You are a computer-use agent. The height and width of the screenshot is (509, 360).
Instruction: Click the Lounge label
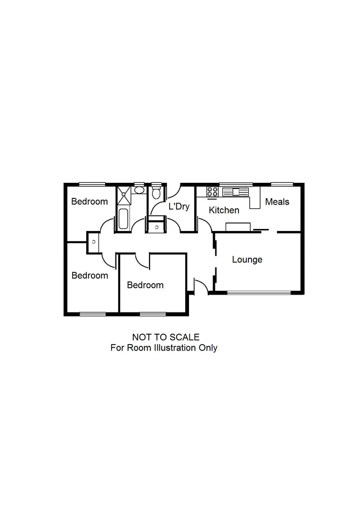tap(247, 260)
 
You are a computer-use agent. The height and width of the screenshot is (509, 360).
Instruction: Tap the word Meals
tap(277, 202)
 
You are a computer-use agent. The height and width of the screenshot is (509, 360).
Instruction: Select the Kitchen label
tap(224, 210)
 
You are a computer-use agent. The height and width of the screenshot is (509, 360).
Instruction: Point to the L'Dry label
tap(179, 206)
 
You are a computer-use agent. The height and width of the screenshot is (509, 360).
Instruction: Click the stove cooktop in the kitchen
tap(213, 191)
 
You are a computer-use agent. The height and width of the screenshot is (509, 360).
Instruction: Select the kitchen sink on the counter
tap(235, 192)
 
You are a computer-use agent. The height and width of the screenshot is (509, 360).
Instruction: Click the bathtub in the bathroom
tap(123, 219)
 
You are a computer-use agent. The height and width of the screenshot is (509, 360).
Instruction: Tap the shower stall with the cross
tap(124, 194)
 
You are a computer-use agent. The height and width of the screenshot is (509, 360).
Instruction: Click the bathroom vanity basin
tap(139, 190)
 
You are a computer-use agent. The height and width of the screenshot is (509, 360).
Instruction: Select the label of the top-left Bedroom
tap(90, 202)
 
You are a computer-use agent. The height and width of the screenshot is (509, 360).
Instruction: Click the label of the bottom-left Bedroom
tap(90, 275)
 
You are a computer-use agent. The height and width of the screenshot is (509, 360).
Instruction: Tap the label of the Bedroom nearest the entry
tap(145, 285)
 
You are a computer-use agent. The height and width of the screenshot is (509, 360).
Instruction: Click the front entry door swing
tap(201, 286)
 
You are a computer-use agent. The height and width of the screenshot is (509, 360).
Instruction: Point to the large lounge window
tap(259, 293)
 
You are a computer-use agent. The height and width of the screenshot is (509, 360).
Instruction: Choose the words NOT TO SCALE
tap(166, 337)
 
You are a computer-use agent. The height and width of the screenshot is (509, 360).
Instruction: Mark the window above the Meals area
tap(282, 184)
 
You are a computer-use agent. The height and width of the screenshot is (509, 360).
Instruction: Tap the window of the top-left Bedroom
tap(92, 184)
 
